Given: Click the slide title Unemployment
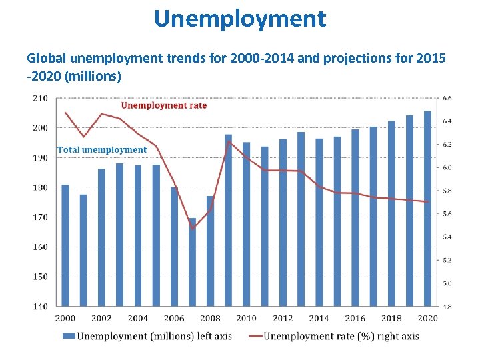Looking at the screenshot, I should click(240, 18).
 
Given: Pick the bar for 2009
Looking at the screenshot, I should click(229, 220).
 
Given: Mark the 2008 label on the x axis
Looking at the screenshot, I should click(210, 319).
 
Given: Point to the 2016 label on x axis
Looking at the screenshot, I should click(355, 319).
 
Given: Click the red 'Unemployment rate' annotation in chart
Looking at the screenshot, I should click(163, 105).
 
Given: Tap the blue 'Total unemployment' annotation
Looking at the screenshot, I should click(101, 150).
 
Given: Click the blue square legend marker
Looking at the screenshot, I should click(68, 336).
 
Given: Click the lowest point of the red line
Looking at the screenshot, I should click(193, 229).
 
